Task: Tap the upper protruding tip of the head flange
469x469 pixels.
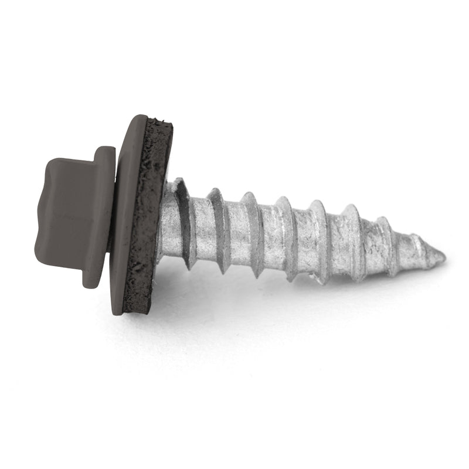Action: point(106,151)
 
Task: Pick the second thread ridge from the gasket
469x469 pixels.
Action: point(220,229)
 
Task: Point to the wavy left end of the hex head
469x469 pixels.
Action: point(40,214)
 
